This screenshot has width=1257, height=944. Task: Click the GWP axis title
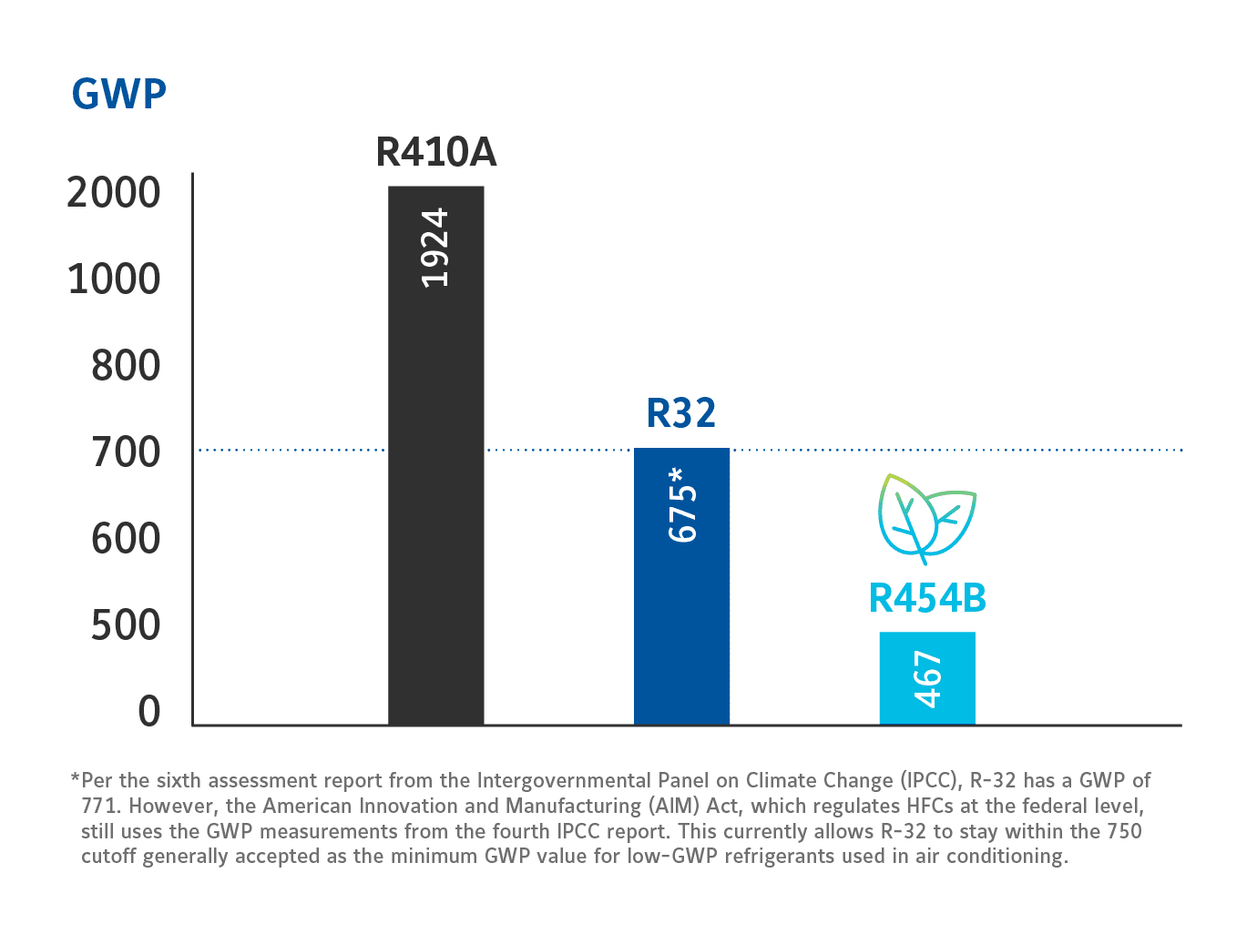click(118, 94)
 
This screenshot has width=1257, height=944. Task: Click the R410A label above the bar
click(435, 152)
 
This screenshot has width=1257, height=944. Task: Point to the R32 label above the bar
click(680, 413)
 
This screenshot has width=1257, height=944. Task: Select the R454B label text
click(927, 598)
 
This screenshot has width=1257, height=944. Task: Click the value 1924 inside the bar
click(435, 248)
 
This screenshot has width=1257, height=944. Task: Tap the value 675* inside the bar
click(682, 504)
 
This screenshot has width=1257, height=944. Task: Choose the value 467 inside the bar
click(927, 679)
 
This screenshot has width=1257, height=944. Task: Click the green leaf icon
click(926, 517)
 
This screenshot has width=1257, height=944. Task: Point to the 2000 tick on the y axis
click(114, 193)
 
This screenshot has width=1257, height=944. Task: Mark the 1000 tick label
click(114, 279)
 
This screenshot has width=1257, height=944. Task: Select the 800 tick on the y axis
click(126, 366)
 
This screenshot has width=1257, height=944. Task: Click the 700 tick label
click(126, 452)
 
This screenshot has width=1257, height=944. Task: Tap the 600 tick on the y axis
click(126, 539)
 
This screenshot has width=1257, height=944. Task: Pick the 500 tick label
click(126, 625)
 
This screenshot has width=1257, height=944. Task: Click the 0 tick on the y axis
click(149, 712)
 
